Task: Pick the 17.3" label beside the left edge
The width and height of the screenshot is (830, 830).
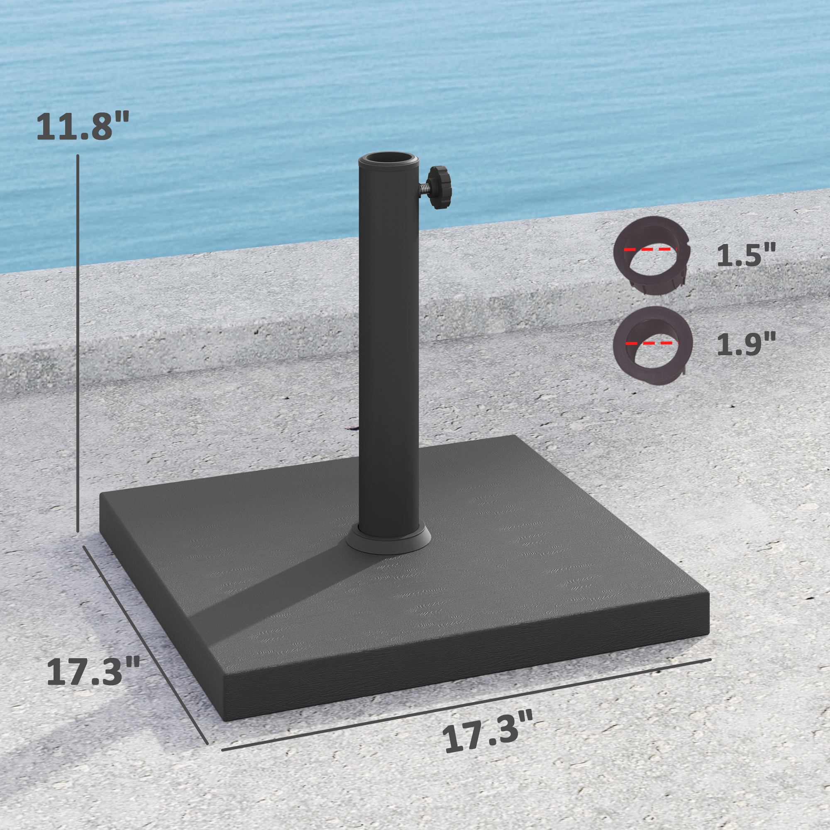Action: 93,672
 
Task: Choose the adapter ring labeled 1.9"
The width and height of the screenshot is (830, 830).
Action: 652,346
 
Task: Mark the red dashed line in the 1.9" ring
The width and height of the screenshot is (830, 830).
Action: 650,343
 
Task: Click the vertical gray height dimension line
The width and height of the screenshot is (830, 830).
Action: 78,344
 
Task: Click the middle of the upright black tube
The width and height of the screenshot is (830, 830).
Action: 388,344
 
